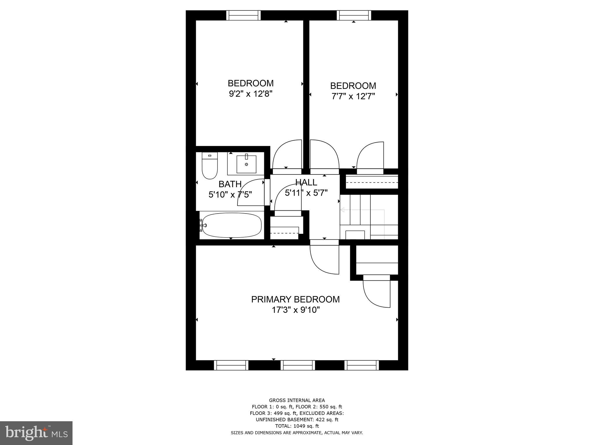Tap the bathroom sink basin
click(x=246, y=164)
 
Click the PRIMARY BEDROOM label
click(x=295, y=299)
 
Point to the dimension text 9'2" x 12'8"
click(x=251, y=94)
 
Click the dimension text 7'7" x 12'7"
click(x=353, y=96)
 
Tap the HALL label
click(x=306, y=183)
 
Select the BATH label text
click(x=230, y=184)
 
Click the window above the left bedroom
click(x=243, y=15)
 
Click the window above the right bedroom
click(x=354, y=15)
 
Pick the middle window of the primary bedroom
click(x=298, y=365)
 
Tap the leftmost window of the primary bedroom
click(x=231, y=365)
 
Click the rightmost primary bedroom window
click(x=362, y=365)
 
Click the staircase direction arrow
click(x=342, y=210)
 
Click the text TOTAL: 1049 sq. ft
click(x=297, y=426)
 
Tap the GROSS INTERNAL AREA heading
click(x=297, y=400)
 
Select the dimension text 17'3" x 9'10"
click(x=296, y=310)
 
